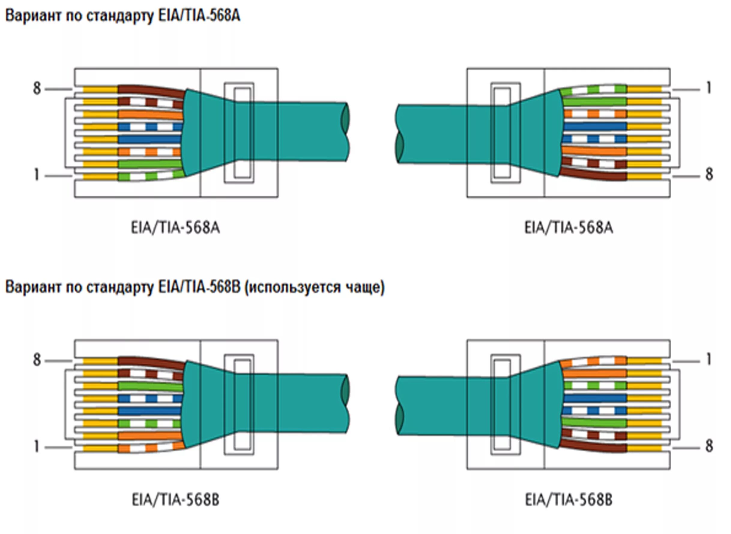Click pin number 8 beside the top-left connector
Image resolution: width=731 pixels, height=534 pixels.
37,88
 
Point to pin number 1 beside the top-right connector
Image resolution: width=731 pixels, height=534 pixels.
708,88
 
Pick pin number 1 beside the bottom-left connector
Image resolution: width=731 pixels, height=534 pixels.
37,447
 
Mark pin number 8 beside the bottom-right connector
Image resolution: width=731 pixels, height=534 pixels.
709,446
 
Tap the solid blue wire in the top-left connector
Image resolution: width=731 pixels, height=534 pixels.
149,139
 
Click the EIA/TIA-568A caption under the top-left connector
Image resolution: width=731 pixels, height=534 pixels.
175,228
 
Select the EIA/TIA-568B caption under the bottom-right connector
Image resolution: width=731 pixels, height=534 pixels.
568,500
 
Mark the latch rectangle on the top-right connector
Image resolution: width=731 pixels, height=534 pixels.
506,133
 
